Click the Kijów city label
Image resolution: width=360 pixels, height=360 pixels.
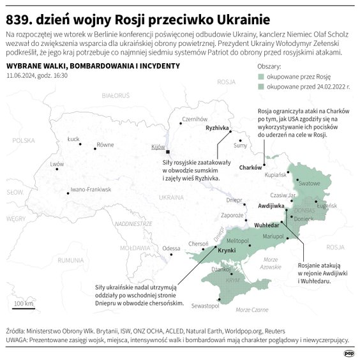pos(158,147)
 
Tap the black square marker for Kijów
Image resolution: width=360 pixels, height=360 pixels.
pos(168,153)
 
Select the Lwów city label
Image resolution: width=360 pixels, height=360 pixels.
pos(57,164)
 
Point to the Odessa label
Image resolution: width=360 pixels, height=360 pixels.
pos(171,248)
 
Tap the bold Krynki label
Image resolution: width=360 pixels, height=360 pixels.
pos(227,251)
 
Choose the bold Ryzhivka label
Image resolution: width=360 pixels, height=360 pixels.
pos(217,128)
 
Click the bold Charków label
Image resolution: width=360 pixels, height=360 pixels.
pos(250,167)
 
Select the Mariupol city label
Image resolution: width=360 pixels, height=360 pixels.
pos(273,236)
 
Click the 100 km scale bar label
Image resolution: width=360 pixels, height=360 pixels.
pos(24,303)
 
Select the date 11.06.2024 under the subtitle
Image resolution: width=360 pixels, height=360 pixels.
pos(22,75)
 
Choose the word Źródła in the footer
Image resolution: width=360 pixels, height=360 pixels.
pos(14,331)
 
